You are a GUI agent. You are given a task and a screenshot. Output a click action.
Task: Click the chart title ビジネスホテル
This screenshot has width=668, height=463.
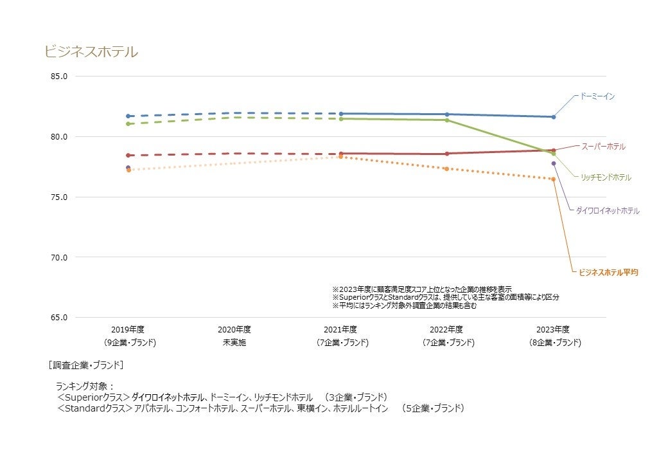[91, 52]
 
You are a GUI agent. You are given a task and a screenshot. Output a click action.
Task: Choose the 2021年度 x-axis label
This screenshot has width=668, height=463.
[341, 329]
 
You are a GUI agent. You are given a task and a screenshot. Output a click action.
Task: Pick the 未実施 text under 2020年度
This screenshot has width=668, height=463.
[234, 343]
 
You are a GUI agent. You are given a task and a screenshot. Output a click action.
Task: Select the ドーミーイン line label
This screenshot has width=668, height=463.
[597, 96]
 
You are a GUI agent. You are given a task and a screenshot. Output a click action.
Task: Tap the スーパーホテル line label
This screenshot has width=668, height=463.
[603, 147]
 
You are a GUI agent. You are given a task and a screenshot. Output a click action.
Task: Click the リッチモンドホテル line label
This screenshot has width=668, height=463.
[606, 177]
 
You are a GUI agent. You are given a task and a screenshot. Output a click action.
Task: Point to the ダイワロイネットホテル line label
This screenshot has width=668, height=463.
[607, 211]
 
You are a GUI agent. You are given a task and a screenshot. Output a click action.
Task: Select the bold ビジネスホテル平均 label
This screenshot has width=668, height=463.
[608, 273]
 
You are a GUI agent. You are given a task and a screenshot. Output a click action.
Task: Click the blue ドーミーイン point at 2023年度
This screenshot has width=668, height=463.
[553, 117]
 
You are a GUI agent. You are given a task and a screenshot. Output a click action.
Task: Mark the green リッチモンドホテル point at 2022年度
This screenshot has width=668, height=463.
[447, 120]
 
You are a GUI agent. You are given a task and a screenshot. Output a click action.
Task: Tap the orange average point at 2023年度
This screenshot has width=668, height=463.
[553, 179]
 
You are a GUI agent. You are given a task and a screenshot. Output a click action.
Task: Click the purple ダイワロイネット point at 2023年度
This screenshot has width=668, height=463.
[553, 163]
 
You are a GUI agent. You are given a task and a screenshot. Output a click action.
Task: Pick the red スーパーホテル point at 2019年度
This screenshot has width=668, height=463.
[128, 155]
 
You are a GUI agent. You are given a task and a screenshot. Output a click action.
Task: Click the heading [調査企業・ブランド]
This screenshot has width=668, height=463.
[86, 365]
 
